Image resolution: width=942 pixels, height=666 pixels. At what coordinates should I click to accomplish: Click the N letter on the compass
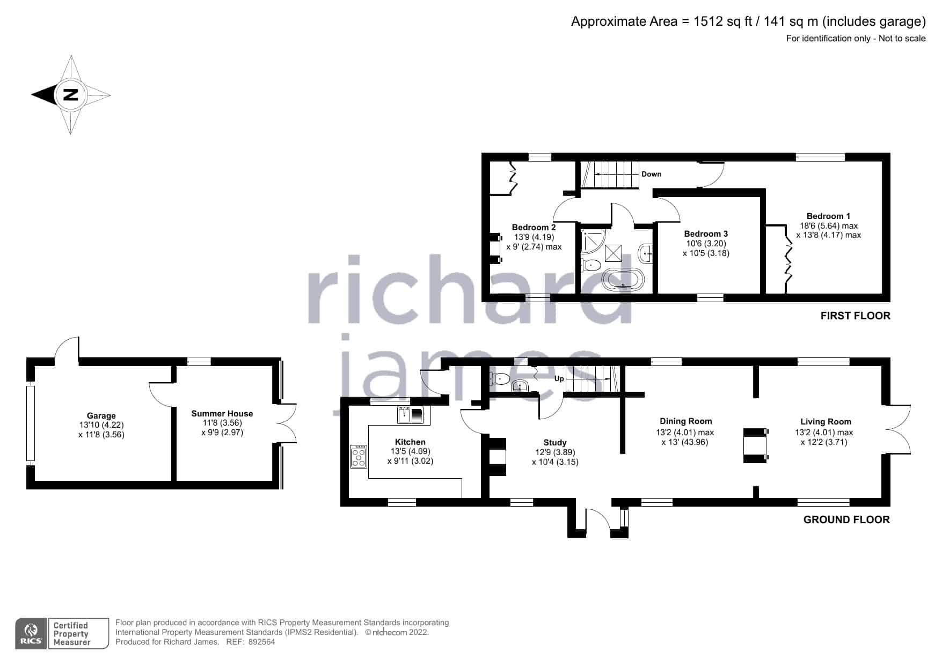70,95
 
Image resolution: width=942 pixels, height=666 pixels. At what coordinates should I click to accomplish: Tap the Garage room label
101,416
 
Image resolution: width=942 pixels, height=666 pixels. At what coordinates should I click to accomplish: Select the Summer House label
222,414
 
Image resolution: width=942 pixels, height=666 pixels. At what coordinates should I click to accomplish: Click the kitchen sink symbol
411,415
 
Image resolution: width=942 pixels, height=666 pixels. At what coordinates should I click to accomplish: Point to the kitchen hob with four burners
359,457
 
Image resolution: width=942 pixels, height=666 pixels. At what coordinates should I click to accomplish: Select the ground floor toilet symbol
500,379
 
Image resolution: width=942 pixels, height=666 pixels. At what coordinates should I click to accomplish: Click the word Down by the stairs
652,174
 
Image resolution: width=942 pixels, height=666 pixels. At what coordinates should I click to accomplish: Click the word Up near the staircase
559,378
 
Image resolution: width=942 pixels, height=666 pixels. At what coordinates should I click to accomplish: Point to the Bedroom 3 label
706,234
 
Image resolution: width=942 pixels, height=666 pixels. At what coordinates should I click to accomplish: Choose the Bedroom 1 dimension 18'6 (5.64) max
829,226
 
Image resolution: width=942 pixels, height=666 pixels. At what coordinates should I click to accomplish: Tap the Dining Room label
686,421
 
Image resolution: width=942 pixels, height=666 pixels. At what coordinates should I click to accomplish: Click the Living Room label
826,422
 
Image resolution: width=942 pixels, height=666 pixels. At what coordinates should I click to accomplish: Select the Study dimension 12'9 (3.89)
555,452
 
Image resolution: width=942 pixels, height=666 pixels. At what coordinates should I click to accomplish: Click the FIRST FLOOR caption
855,316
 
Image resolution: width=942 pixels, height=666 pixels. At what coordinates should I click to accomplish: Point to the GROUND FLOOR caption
846,519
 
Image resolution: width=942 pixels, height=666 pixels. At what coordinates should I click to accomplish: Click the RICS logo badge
31,634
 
